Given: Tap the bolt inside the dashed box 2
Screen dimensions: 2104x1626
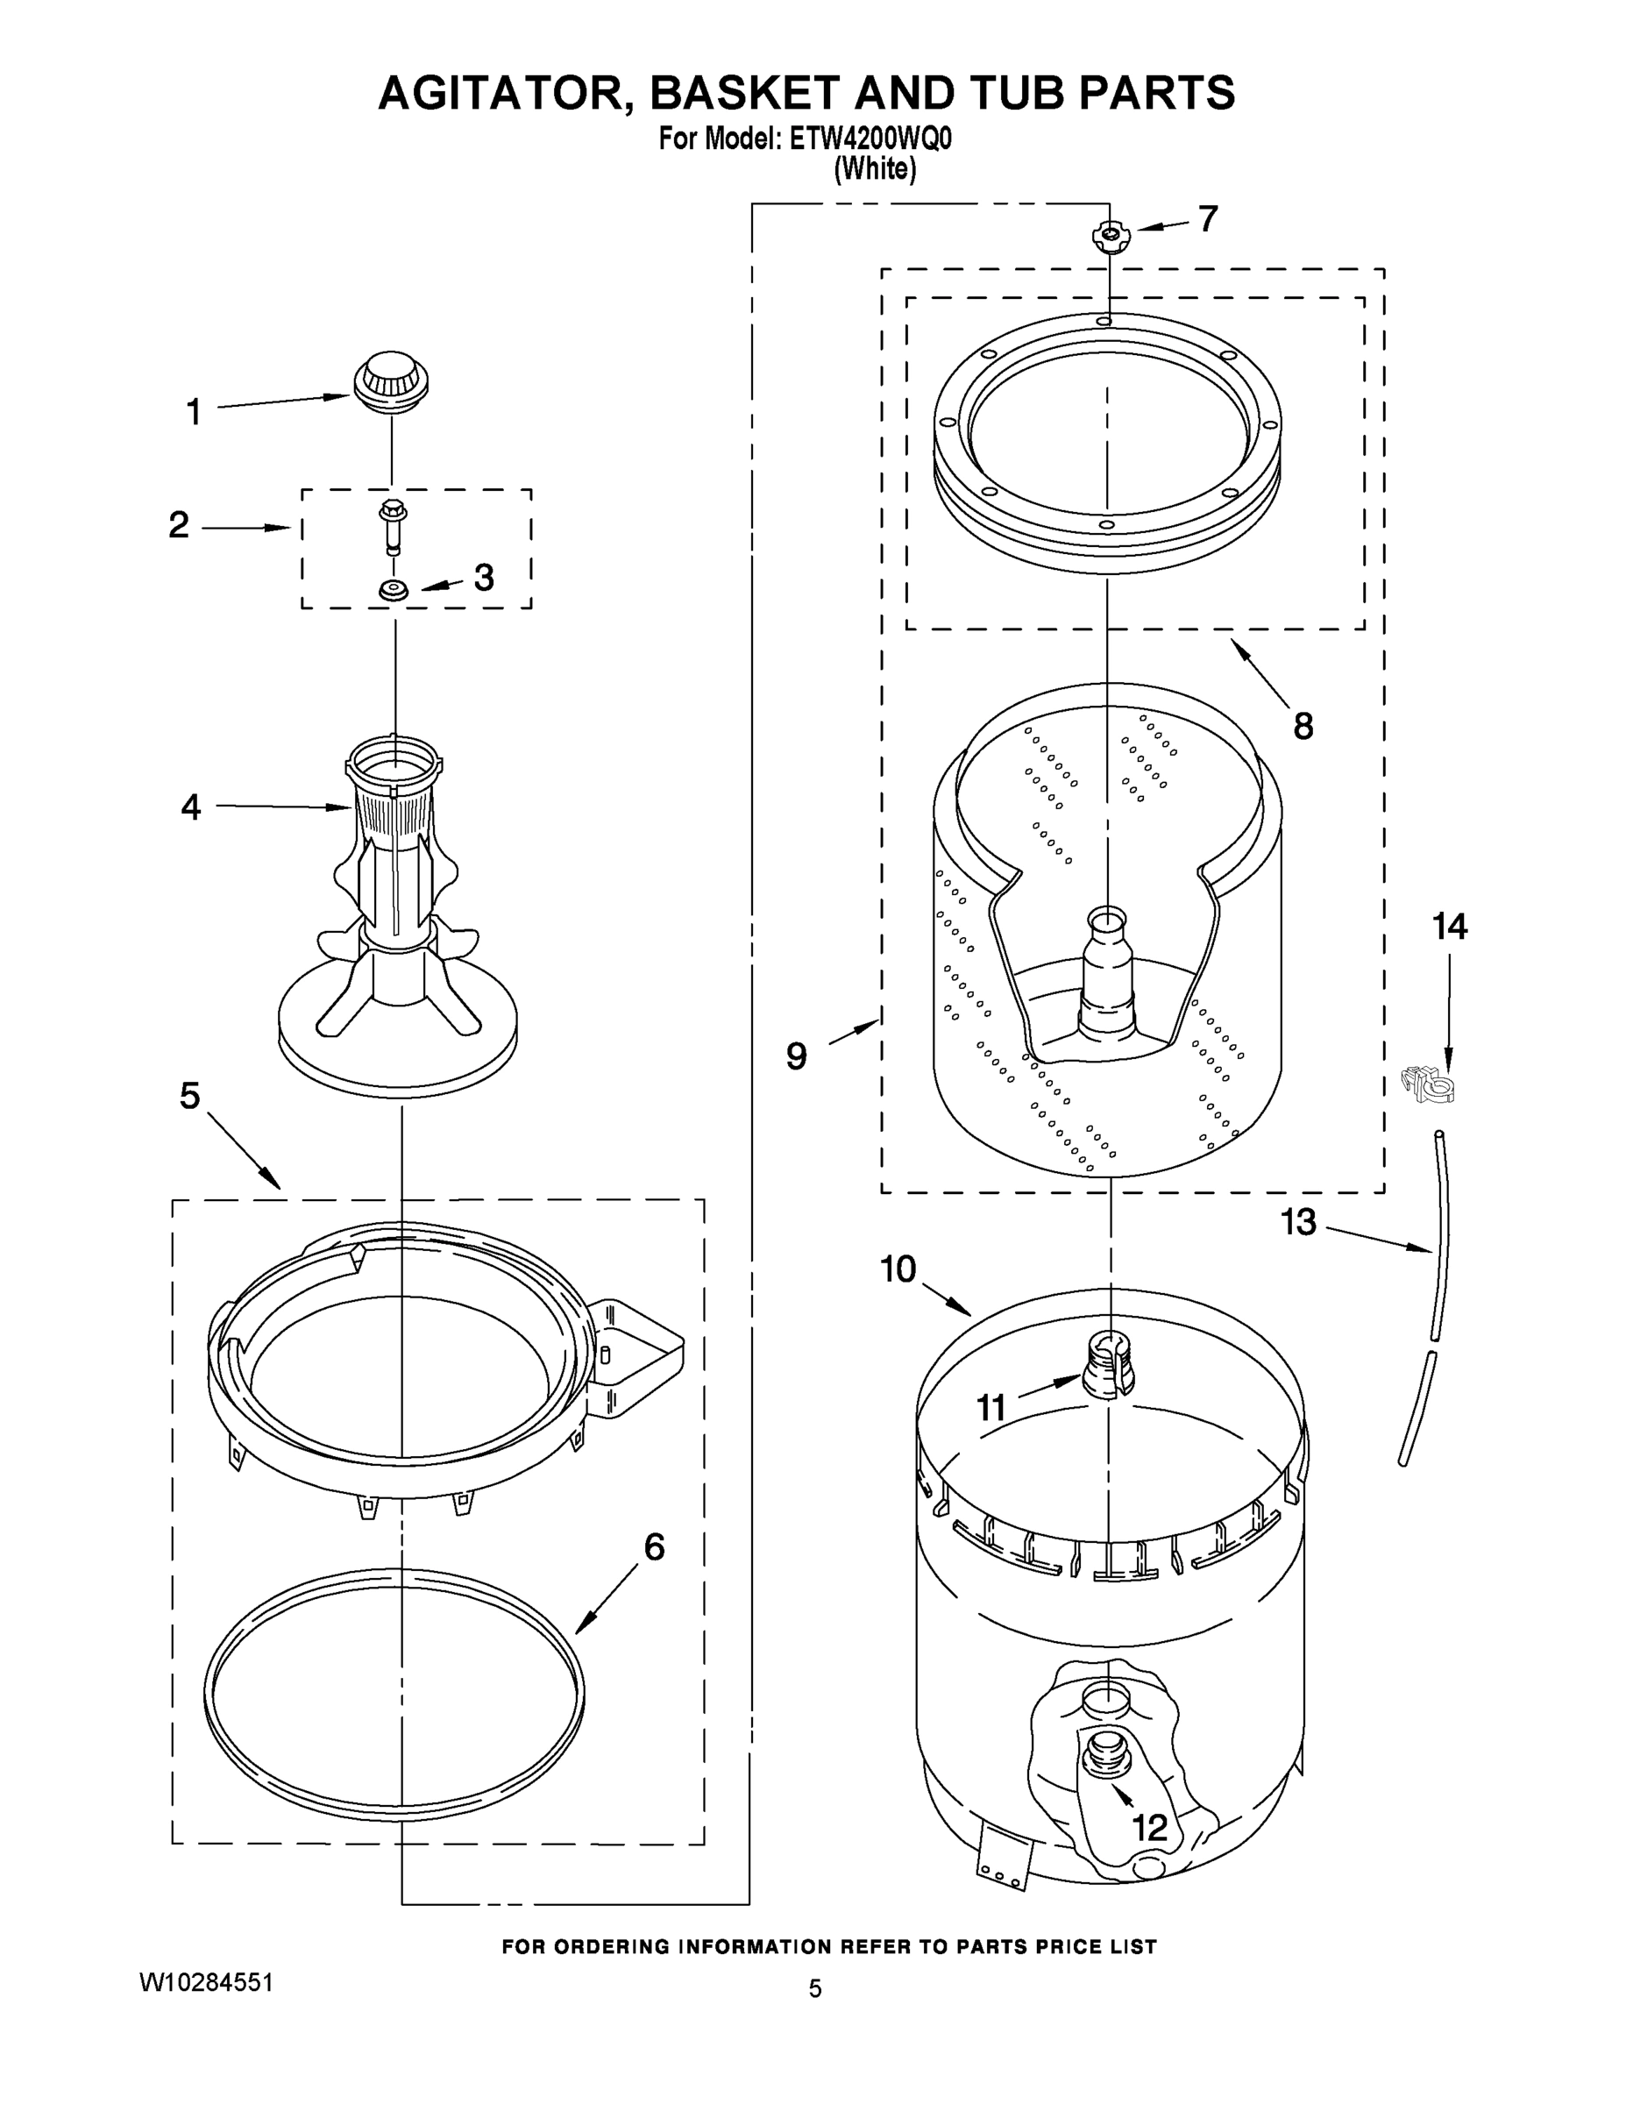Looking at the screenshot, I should tap(393, 524).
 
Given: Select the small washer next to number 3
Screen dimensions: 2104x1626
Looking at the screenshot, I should tap(391, 590).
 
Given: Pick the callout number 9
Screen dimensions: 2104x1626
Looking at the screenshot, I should tap(797, 1056).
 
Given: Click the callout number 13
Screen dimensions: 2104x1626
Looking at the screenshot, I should tap(1297, 1221).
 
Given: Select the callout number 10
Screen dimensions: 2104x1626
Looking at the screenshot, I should tap(898, 1269).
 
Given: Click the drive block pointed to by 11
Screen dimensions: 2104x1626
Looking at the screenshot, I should tap(1109, 1364).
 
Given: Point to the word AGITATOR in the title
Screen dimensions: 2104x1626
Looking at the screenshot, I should tap(501, 94).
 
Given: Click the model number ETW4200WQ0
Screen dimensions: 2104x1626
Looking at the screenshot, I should tap(870, 139).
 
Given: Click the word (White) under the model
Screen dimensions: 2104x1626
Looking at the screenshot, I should tap(874, 169).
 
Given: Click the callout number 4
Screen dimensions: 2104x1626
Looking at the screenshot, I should tap(191, 807).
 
